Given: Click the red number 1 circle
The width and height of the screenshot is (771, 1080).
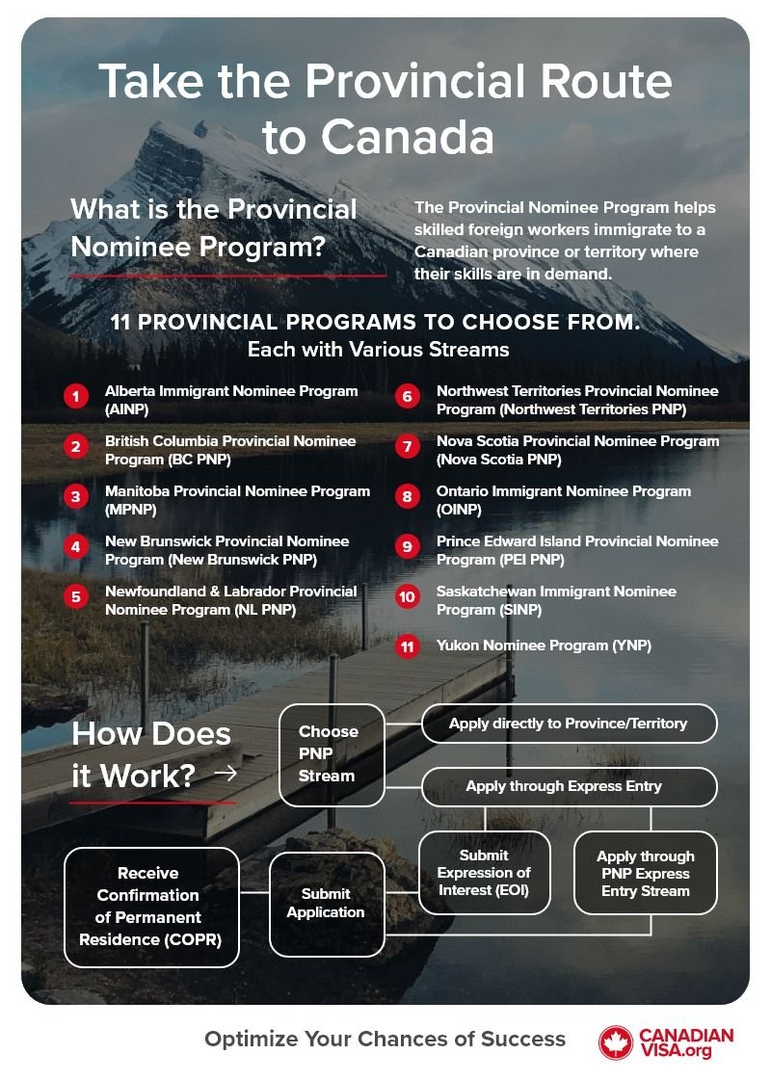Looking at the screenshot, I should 75,396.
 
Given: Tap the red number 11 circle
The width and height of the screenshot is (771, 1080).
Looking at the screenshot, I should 407,646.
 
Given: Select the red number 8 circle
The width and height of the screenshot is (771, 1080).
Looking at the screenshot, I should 407,496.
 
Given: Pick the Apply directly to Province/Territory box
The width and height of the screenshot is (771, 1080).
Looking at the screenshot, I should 569,724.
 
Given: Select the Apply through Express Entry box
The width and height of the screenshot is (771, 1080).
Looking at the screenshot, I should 569,786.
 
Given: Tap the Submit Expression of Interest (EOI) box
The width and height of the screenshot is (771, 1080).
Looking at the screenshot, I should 484,873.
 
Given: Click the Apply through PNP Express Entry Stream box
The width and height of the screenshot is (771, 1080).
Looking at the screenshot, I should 645,873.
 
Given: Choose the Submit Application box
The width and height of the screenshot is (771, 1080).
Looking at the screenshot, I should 326,904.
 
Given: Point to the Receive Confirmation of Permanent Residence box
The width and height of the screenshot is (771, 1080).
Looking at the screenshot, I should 150,906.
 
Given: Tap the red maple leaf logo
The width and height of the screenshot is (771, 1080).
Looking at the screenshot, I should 615,1042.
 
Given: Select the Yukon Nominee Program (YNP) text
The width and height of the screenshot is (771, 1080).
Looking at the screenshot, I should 544,645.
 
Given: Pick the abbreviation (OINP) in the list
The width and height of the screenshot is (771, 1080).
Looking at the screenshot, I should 459,510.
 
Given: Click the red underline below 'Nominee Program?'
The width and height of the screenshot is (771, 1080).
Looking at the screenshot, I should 228,275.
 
